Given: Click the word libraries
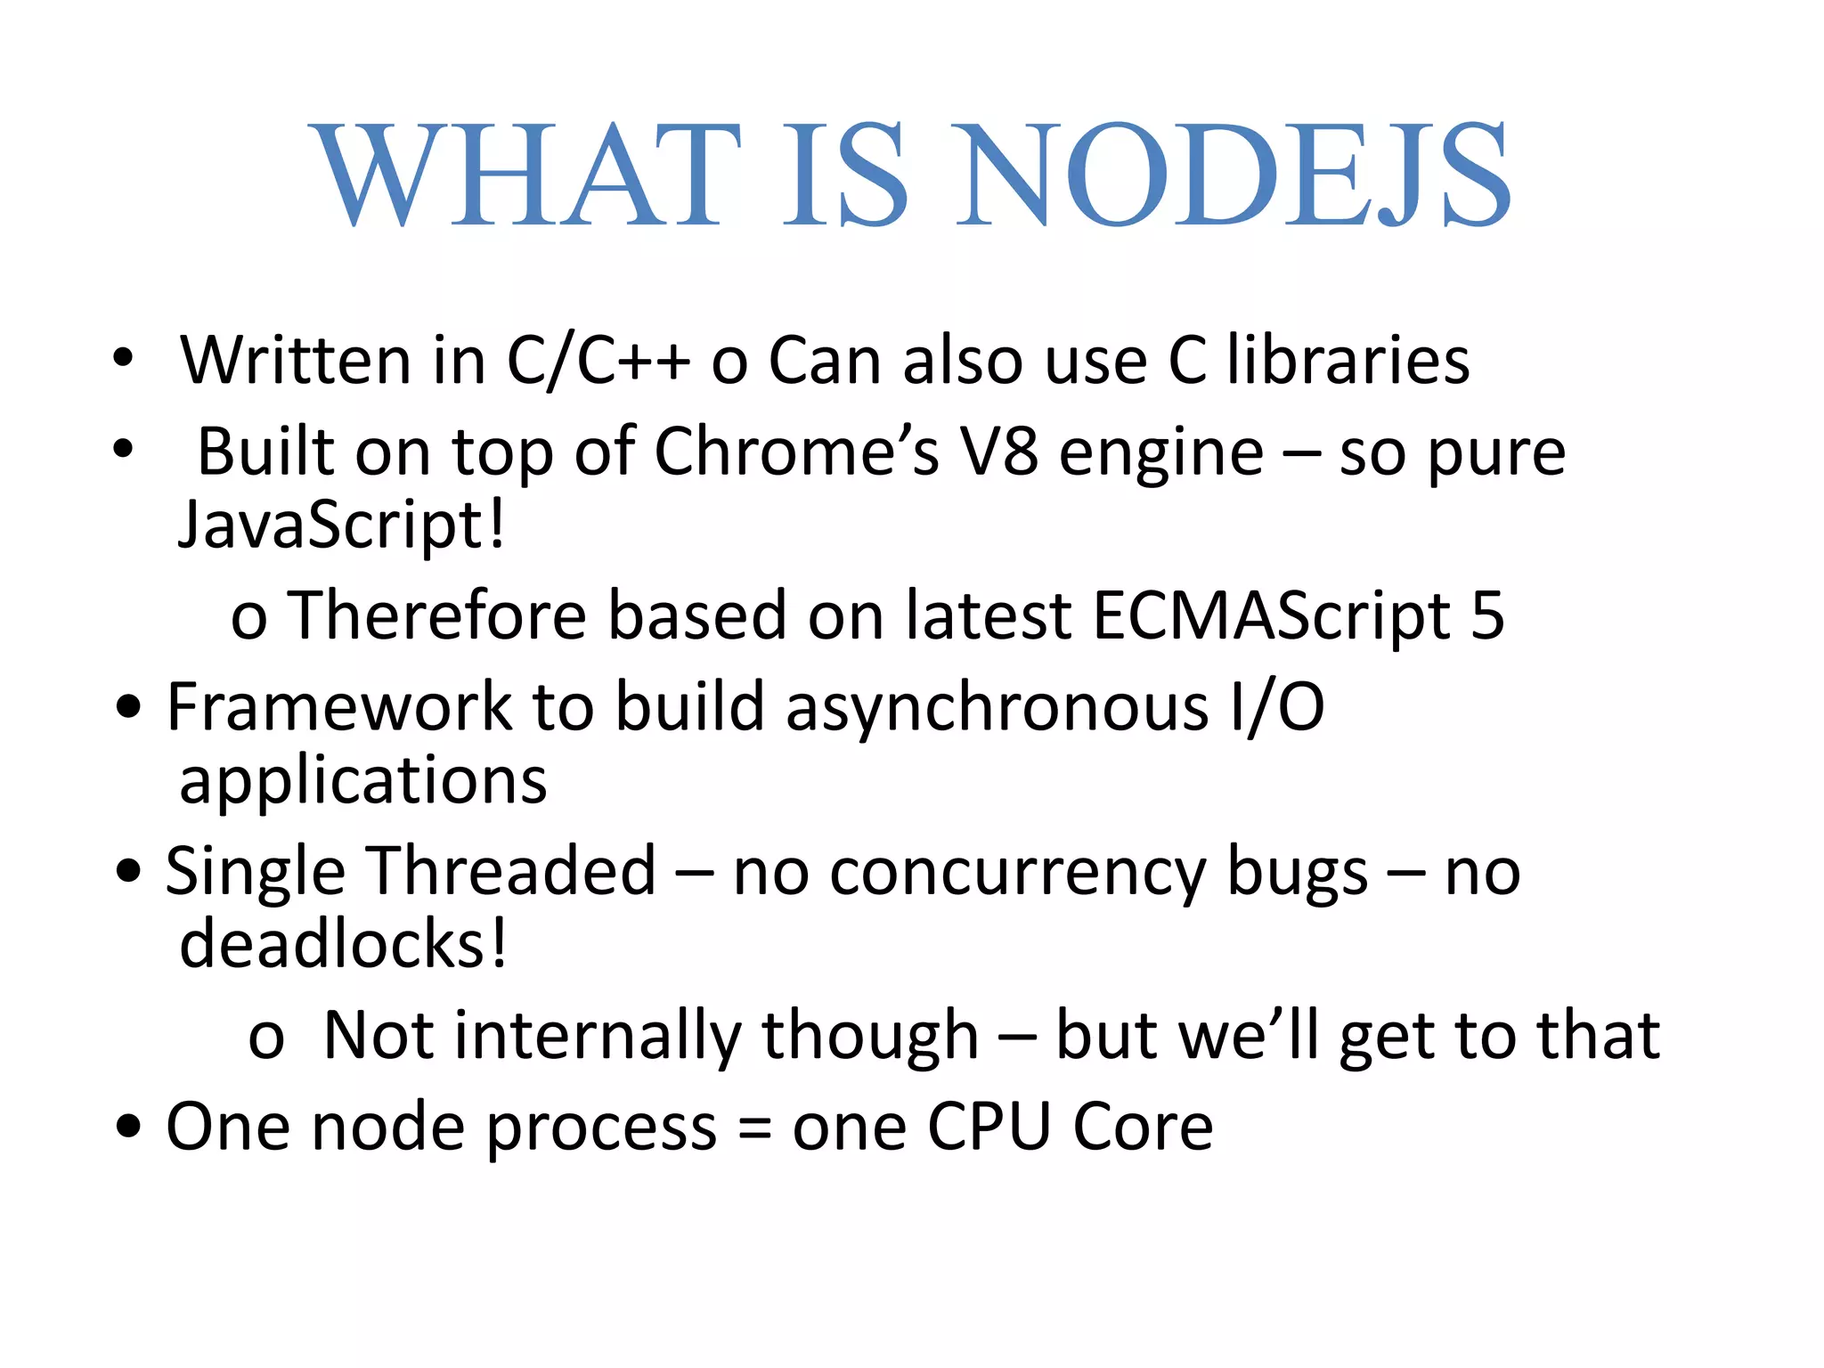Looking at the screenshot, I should (1348, 361).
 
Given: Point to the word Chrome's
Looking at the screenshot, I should (797, 452).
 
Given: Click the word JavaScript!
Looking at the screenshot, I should (342, 525).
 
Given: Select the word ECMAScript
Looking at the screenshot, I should (1272, 616).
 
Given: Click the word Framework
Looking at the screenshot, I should (339, 707).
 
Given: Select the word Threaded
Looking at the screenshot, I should (513, 871).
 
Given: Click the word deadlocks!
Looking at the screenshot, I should (344, 944).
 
